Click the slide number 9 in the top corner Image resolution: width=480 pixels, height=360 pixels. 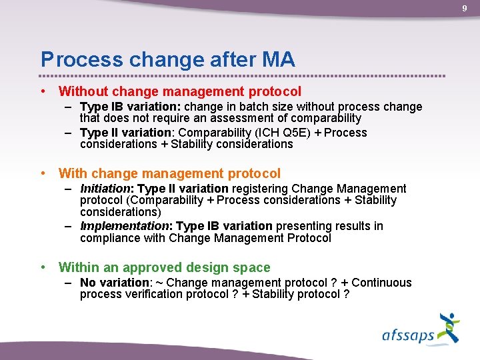pos(465,8)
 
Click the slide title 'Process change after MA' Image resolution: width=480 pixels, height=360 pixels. pos(167,59)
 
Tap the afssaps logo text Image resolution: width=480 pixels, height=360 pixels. pos(408,335)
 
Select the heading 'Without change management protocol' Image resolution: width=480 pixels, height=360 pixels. pos(180,91)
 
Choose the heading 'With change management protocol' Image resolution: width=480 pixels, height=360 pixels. pos(169,173)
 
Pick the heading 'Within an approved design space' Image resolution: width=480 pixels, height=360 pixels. pos(164,267)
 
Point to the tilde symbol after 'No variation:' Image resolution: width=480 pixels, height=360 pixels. pos(159,283)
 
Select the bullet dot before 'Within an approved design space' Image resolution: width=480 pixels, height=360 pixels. pos(43,267)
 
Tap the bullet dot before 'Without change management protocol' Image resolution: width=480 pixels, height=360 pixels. pos(43,91)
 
